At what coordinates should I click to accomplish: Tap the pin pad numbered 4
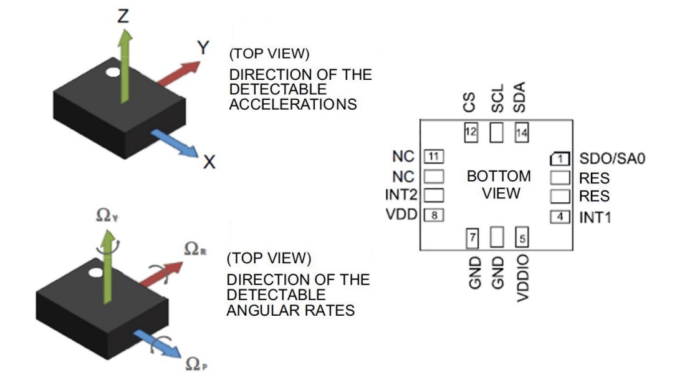click(560, 217)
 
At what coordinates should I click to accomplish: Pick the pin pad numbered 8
click(433, 215)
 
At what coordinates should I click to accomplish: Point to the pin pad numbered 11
click(433, 156)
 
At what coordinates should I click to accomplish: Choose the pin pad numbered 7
click(472, 237)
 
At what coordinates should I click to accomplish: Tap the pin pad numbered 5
click(521, 237)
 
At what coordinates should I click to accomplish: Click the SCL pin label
click(497, 100)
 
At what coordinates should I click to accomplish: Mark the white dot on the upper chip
click(113, 72)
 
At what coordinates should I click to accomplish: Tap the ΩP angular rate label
click(195, 363)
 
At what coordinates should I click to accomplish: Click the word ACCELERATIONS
click(293, 104)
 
